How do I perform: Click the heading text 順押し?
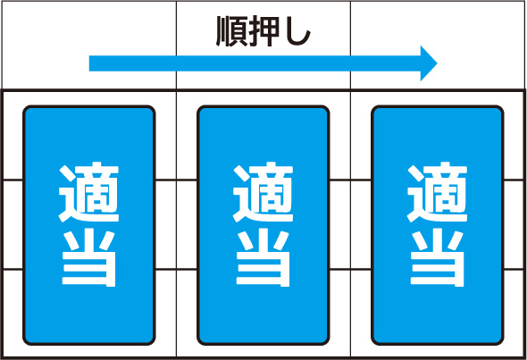[x=263, y=31]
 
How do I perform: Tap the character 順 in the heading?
[x=231, y=31]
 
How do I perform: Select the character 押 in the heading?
[x=263, y=31]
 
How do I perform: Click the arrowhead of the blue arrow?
[x=429, y=63]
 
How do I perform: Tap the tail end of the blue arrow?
[x=89, y=63]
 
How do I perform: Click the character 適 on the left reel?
[x=88, y=192]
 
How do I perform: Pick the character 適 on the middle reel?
[x=263, y=192]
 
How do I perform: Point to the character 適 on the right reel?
[x=438, y=192]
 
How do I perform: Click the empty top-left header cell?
[x=89, y=45]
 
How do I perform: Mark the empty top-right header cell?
[x=438, y=45]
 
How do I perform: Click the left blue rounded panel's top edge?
[x=88, y=106]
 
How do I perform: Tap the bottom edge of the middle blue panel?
[x=263, y=344]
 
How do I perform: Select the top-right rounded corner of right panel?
[x=501, y=109]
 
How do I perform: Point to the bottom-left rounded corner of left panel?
[x=26, y=342]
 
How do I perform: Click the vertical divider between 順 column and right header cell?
[x=350, y=45]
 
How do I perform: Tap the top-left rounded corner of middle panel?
[x=200, y=109]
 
